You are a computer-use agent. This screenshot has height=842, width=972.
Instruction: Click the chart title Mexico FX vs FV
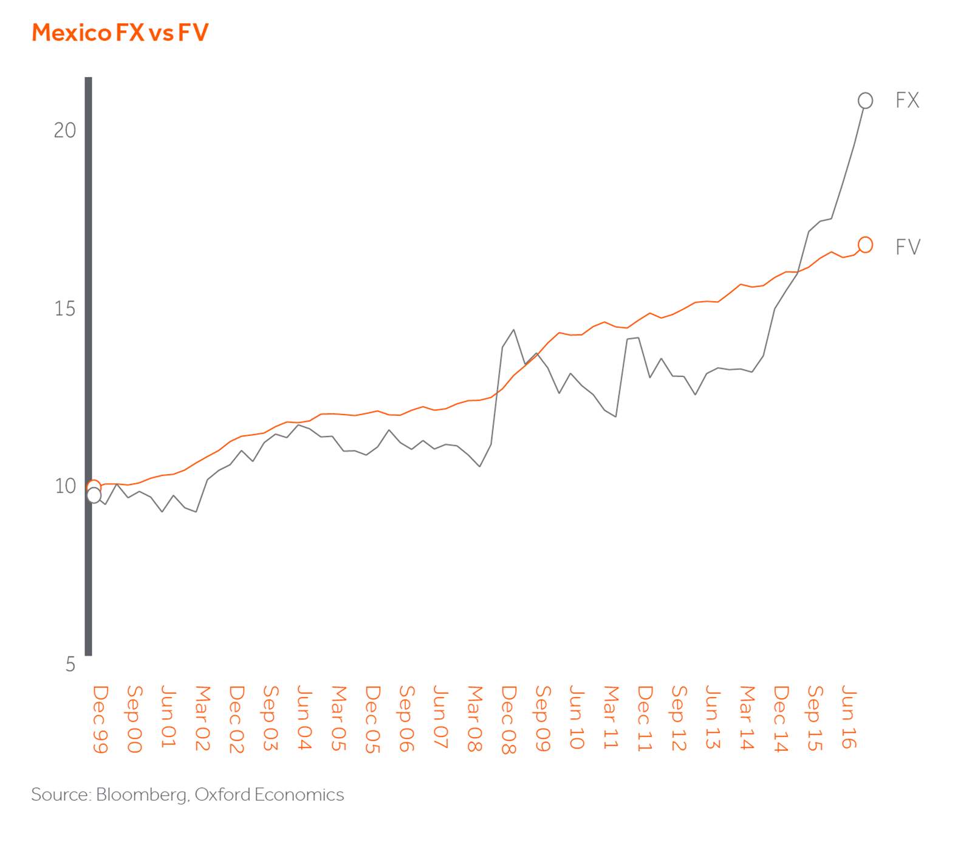120,33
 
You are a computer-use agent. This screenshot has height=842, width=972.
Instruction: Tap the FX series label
907,100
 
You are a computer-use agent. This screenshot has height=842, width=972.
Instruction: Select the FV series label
908,247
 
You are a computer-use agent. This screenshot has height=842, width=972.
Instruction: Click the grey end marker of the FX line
865,101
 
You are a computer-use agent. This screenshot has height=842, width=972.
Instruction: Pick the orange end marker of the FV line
865,245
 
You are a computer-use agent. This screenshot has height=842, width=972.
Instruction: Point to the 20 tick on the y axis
65,131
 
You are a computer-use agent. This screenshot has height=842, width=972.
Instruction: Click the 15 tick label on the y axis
65,309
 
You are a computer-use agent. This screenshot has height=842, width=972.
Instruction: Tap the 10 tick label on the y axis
65,486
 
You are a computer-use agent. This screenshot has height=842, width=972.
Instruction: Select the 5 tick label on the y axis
70,665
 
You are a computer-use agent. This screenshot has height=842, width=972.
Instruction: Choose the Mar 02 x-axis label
202,718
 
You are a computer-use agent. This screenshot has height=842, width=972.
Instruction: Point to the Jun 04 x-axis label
304,718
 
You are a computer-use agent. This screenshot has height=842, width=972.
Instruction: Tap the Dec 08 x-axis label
508,720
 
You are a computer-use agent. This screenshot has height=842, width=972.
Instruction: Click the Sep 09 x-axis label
542,719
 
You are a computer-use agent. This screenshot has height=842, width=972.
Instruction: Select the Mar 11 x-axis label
611,718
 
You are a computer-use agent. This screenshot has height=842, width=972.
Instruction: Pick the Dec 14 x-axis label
781,719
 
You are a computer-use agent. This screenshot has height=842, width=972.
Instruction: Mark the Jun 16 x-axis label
849,717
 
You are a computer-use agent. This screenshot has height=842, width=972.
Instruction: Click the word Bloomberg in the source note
141,795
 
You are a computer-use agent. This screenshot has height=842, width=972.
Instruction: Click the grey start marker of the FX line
94,495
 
